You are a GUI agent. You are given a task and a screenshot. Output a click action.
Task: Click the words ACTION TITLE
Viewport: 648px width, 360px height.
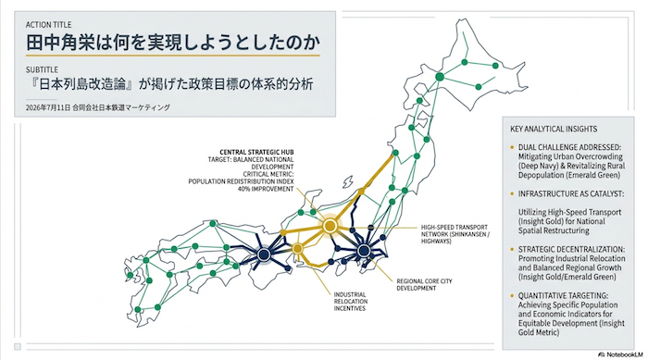coord(48,25)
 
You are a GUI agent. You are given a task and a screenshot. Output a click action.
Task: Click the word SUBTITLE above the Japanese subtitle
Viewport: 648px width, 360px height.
coord(42,69)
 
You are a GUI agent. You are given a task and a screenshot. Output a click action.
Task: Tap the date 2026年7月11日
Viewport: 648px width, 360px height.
coord(48,107)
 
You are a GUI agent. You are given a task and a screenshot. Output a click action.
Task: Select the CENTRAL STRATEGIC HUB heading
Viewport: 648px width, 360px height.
coord(256,152)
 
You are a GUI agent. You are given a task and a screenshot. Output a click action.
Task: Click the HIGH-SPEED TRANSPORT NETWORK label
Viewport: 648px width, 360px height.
coord(455,234)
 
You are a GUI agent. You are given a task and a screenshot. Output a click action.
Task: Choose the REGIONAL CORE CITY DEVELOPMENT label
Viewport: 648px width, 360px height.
coord(424,284)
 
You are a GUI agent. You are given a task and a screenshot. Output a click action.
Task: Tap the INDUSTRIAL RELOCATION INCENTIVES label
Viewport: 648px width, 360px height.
coord(351,302)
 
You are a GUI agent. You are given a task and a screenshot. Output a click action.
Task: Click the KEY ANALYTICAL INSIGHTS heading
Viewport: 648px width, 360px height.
coord(554,129)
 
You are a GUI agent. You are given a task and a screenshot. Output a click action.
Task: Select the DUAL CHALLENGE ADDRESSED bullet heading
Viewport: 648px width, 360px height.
coord(569,147)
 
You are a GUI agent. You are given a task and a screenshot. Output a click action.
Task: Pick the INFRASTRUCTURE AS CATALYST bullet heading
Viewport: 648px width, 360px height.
coord(571,193)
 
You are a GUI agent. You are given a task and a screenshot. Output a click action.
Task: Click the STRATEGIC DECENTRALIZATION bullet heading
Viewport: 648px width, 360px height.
coord(571,249)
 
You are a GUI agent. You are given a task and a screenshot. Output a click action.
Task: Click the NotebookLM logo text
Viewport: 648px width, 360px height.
coord(621,354)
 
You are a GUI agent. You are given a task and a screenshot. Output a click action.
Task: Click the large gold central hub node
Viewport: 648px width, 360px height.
coord(330,226)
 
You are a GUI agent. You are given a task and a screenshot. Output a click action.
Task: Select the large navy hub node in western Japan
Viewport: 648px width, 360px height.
coord(264,254)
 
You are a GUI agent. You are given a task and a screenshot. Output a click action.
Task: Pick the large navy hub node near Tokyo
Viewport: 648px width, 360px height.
coord(364,251)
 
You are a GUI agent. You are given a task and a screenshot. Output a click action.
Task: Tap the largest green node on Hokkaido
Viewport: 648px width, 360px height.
coord(440,77)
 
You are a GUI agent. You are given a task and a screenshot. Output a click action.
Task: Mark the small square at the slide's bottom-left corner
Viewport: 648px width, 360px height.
coord(18,346)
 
